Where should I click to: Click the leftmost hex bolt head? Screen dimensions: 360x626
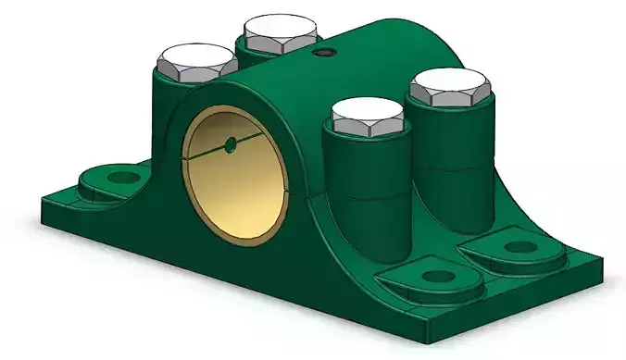(x=196, y=63)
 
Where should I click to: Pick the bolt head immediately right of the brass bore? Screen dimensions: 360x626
(x=368, y=117)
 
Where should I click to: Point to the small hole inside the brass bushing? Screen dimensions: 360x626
(x=230, y=145)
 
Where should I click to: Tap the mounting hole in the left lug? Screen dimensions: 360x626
(x=119, y=173)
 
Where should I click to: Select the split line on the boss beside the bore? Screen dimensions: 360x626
(x=368, y=197)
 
